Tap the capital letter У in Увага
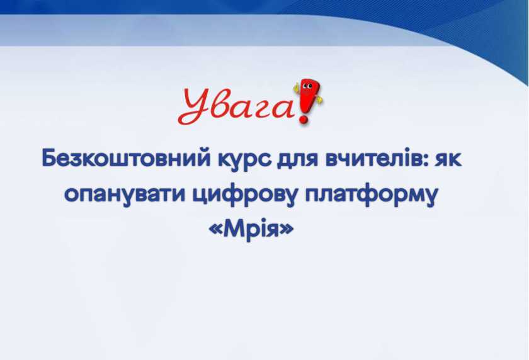point(194,106)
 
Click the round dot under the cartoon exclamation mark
point(304,119)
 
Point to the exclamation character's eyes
point(307,86)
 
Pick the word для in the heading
point(297,159)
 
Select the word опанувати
point(125,196)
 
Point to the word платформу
point(372,195)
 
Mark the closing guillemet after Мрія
point(287,230)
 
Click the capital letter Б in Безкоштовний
point(48,158)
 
